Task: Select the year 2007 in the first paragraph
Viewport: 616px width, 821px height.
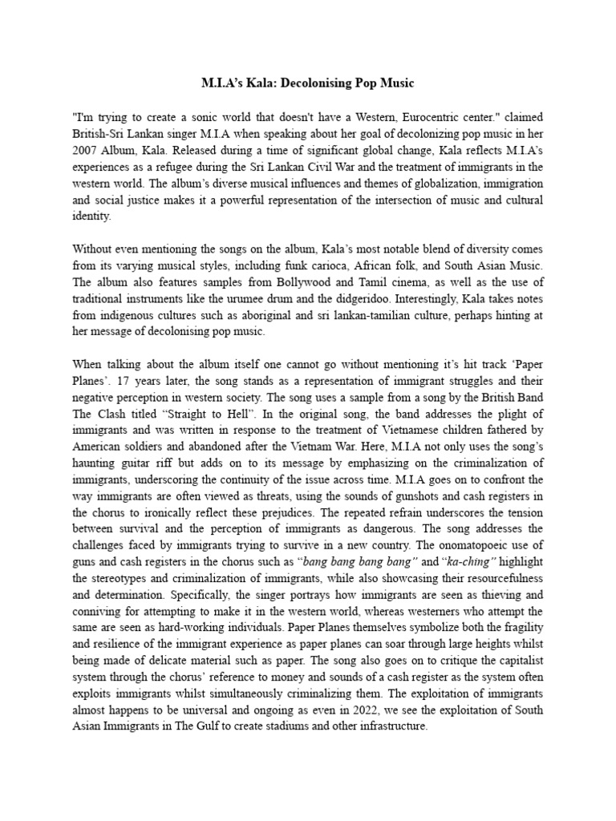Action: (x=87, y=149)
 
